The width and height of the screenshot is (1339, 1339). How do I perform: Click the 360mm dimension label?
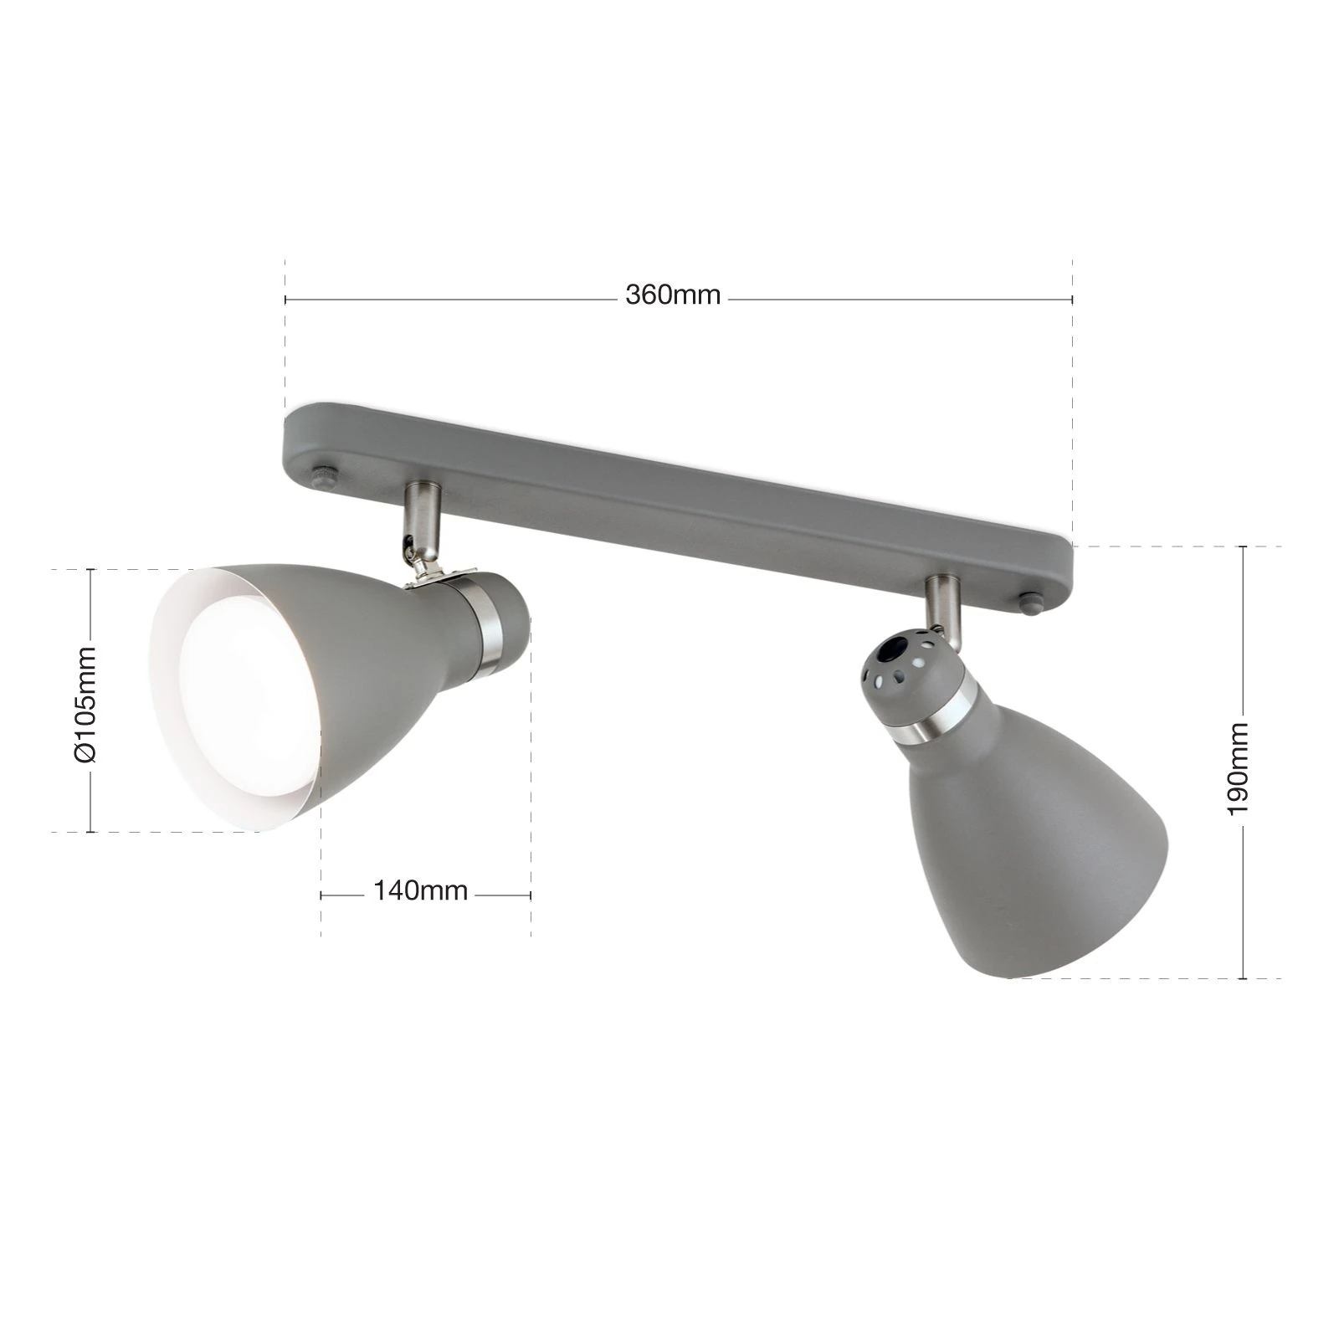coord(672,295)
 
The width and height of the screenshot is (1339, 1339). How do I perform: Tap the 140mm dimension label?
coord(420,890)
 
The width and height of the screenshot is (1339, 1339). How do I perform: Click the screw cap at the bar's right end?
coord(1032,603)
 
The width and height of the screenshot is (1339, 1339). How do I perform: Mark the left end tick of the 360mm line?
coord(286,299)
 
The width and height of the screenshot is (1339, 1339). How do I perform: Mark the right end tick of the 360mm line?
coord(1072,299)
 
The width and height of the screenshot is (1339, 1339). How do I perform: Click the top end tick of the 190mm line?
coord(1244,546)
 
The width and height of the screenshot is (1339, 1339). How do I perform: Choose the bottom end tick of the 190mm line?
coord(1244,978)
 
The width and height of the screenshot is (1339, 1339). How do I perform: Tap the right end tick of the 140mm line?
coord(531,895)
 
